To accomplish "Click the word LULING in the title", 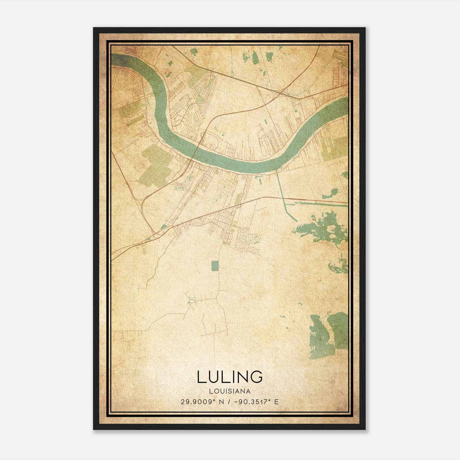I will click(230, 377).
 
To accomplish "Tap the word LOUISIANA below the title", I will click(230, 391).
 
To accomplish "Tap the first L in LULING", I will click(201, 377).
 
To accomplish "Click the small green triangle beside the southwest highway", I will click(164, 227).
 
